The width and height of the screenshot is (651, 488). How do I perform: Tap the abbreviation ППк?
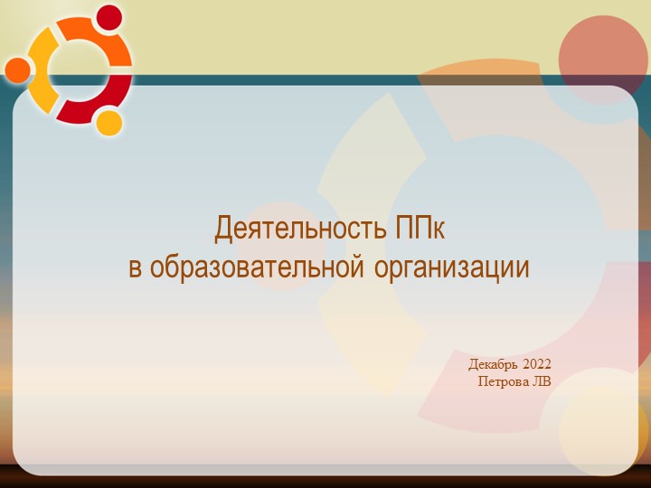(x=420, y=229)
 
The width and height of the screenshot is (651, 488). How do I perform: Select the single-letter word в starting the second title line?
(x=136, y=268)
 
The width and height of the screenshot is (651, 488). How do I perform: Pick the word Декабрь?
(x=493, y=364)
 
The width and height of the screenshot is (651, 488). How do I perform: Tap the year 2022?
(x=536, y=364)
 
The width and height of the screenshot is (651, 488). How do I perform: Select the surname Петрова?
(x=504, y=380)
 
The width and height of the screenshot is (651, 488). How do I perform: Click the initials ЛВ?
(x=542, y=380)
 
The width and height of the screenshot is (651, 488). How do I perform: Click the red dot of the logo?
(x=109, y=17)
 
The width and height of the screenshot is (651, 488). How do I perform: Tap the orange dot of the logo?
(x=17, y=69)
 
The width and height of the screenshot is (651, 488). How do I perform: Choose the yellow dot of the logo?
(x=108, y=122)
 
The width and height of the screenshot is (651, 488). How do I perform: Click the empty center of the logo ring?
(x=79, y=70)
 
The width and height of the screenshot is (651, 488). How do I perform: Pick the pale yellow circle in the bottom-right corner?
(x=603, y=430)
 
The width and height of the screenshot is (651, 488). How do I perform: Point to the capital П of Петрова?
(x=482, y=380)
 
